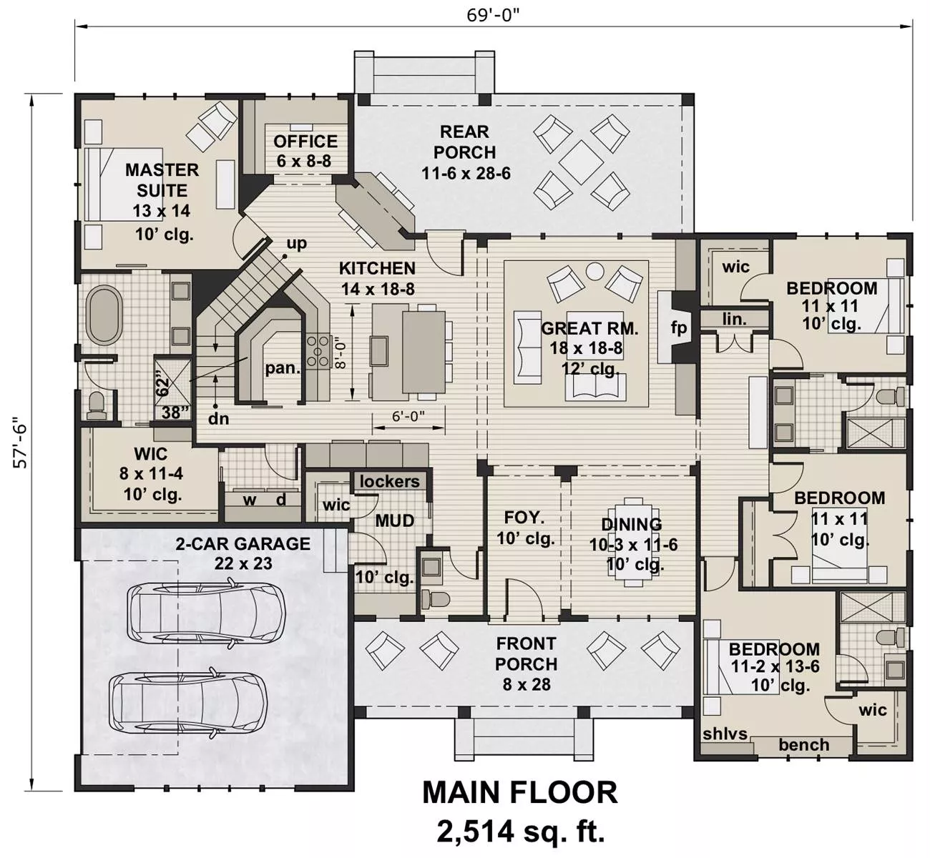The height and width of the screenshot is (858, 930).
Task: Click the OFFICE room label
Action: pos(305,142)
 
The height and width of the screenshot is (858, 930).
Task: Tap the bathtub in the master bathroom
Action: pos(105,315)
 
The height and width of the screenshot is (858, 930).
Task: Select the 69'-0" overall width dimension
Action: pos(493,15)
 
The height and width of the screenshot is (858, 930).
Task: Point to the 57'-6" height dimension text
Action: pos(21,443)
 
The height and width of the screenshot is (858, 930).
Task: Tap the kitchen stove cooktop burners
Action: pos(318,351)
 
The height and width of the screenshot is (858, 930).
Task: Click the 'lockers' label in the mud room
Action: pos(390,481)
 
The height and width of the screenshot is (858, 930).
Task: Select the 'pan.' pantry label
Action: pos(283,369)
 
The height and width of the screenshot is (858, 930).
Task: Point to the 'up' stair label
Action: pos(297,243)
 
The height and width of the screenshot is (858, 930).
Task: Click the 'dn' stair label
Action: pos(218,418)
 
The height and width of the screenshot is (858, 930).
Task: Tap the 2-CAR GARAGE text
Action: pos(243,543)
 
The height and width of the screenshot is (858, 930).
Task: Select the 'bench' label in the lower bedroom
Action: pos(803,744)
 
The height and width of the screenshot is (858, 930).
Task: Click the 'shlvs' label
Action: pos(725,734)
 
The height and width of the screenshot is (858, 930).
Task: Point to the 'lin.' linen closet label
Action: pos(734,319)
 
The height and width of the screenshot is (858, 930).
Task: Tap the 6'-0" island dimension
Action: pos(408,416)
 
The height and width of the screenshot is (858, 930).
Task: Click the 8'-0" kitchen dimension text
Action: pos(341,354)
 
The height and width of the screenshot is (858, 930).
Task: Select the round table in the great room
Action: pos(595,271)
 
